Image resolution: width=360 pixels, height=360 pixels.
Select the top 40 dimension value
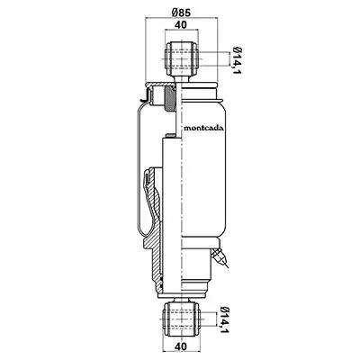[x=181, y=24]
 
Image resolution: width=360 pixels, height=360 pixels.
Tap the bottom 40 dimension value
[x=180, y=346]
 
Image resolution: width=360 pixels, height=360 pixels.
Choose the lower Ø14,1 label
[x=223, y=320]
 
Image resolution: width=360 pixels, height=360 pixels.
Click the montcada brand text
[x=203, y=128]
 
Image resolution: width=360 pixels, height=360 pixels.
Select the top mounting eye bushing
[x=181, y=59]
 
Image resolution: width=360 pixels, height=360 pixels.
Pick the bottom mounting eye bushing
[x=181, y=319]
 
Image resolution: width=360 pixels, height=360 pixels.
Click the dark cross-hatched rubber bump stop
[x=169, y=98]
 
